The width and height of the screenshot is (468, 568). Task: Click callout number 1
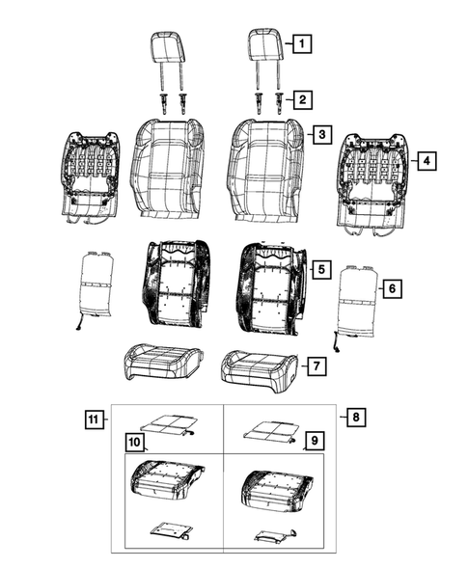(302, 43)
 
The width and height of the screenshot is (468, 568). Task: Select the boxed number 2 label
(302, 98)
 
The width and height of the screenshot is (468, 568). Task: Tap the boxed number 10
(134, 444)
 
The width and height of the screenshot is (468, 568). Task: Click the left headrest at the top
(170, 47)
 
